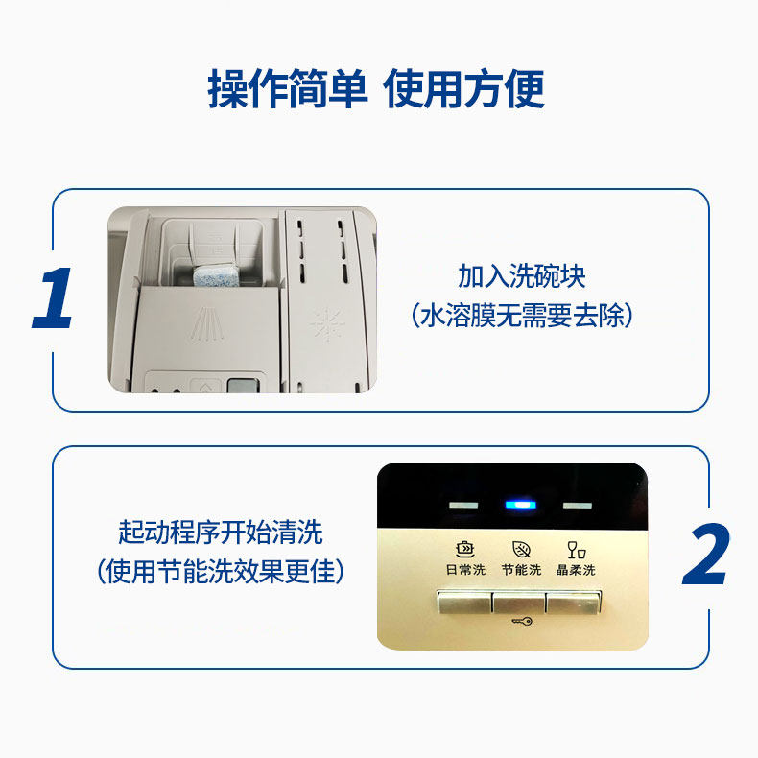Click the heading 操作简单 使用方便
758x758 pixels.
[x=377, y=89]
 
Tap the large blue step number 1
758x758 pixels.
[x=55, y=299]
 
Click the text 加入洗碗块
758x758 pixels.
[x=521, y=276]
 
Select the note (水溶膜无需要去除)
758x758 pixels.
[x=521, y=315]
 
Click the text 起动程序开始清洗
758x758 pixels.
[x=221, y=533]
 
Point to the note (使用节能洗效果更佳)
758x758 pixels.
[x=221, y=572]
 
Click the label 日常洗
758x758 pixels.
[x=465, y=570]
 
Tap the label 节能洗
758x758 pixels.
[x=521, y=570]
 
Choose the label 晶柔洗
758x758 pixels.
[x=576, y=570]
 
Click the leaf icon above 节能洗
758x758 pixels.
[x=521, y=550]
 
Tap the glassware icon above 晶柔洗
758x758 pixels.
[x=576, y=550]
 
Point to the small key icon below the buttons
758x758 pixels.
[x=521, y=621]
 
